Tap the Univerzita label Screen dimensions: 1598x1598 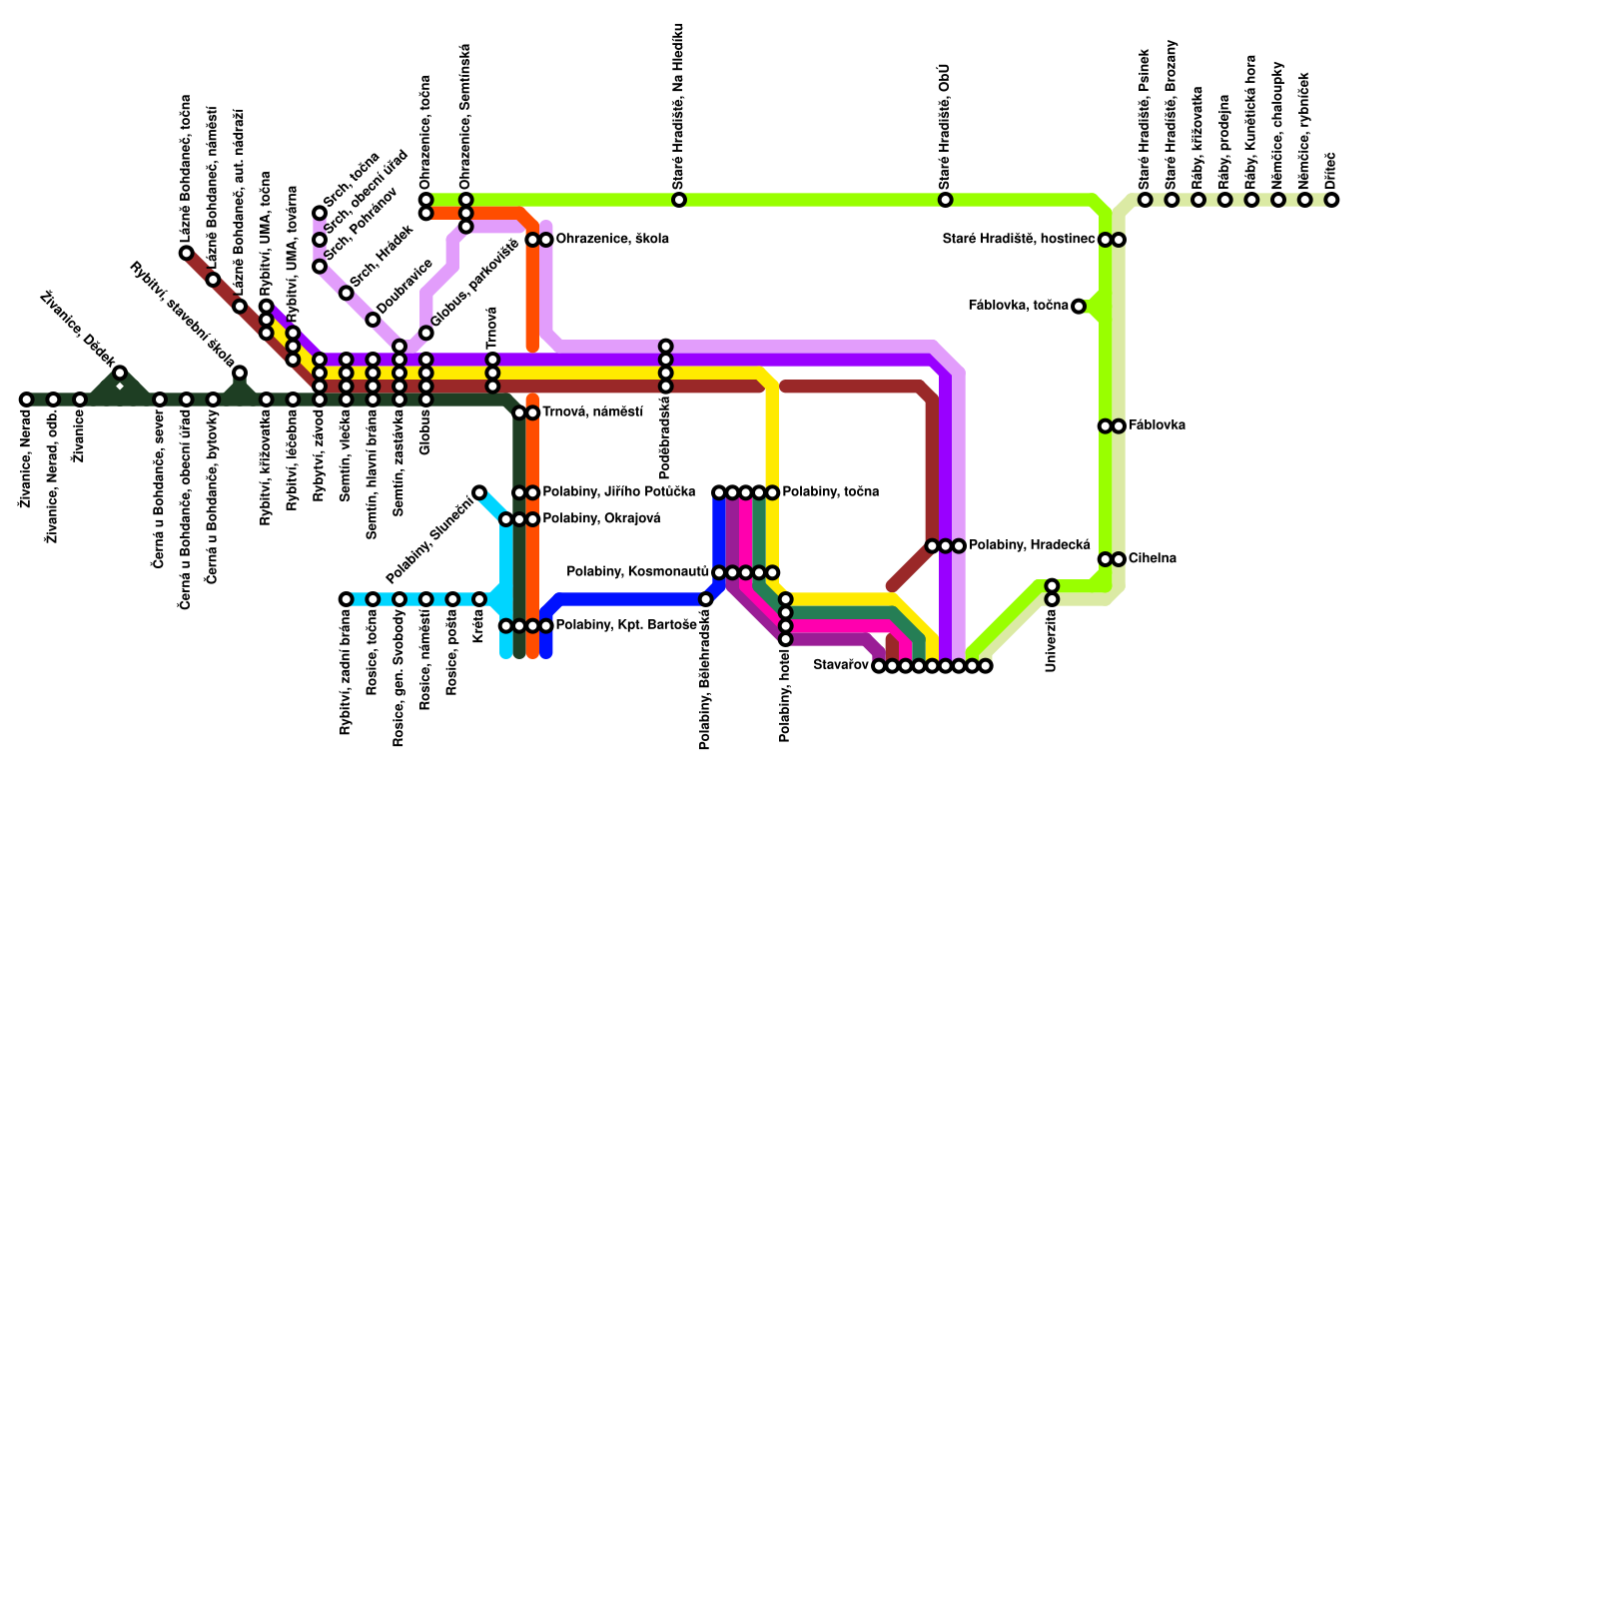pos(1051,640)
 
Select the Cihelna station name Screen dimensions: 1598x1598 pos(1152,559)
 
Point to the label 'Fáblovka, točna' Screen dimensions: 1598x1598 pos(1019,306)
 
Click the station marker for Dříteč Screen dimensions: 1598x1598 pos(1331,200)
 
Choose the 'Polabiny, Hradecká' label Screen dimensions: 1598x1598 pos(1029,545)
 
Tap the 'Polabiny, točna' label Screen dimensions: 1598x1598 pos(830,492)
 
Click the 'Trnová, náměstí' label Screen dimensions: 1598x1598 pos(592,412)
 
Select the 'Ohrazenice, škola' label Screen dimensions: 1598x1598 pos(611,240)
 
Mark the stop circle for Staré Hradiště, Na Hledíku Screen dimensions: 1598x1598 pos(679,200)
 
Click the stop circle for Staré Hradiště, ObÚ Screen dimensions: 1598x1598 pos(945,200)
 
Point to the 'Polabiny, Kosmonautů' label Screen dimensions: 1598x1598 pos(637,572)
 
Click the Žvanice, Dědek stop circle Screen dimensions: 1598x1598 pos(120,374)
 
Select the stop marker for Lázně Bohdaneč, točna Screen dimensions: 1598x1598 pos(187,254)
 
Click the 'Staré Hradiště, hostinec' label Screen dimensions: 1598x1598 pos(1019,240)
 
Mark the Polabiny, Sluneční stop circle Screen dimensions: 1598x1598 pos(479,492)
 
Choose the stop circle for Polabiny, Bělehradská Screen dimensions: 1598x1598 pos(706,599)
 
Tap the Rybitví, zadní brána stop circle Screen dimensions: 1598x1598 pos(346,599)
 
